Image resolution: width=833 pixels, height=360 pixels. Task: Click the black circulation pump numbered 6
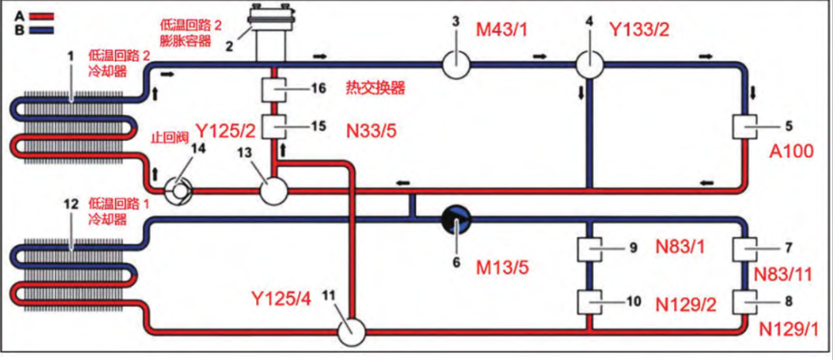coord(456,218)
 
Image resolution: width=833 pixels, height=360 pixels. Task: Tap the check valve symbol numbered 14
coord(176,190)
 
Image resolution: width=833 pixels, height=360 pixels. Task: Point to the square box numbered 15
coord(274,127)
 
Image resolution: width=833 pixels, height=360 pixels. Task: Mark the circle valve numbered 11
coord(352,333)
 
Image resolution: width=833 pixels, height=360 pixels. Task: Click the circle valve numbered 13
coord(274,190)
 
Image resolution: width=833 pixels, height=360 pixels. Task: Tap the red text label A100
coord(791,152)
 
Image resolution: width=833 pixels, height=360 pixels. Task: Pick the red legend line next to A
coord(42,16)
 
